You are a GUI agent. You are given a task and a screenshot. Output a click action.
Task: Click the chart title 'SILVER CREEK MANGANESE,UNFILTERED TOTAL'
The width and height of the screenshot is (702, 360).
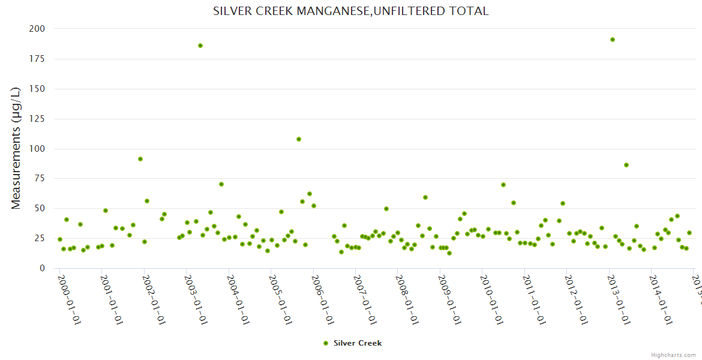coord(350,11)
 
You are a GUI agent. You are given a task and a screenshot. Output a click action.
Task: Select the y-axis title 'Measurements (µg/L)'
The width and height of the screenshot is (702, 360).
coord(16,149)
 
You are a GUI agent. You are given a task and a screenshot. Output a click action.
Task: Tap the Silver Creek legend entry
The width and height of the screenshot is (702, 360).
coord(352,343)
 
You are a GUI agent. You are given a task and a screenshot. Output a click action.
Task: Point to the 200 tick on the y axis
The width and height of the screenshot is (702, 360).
coord(37,29)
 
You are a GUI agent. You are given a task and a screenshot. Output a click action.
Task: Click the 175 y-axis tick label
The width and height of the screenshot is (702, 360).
coord(37,59)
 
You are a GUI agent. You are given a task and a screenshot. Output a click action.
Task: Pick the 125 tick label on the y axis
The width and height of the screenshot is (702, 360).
coord(37,119)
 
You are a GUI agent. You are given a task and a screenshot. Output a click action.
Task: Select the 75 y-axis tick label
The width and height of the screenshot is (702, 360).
coord(40,179)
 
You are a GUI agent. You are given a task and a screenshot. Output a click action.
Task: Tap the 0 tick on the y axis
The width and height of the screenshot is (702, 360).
coord(42,268)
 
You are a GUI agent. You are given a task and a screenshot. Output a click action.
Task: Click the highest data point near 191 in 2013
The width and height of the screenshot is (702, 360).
coord(613,40)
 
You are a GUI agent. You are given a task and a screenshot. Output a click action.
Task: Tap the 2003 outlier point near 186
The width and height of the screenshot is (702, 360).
coord(200,46)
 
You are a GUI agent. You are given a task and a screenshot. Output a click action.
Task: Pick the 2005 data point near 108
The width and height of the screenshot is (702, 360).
coord(299,139)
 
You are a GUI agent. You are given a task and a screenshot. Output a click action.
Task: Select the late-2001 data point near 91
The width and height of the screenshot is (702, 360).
coord(140,159)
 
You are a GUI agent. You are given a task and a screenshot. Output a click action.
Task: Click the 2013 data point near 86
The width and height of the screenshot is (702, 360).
coord(626,165)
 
